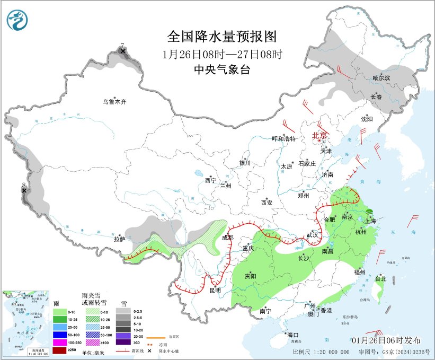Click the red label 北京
point(320,135)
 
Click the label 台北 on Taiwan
point(380,278)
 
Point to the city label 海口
point(293,335)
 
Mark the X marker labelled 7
point(123,51)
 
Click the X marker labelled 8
point(24,190)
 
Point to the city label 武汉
point(312,234)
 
